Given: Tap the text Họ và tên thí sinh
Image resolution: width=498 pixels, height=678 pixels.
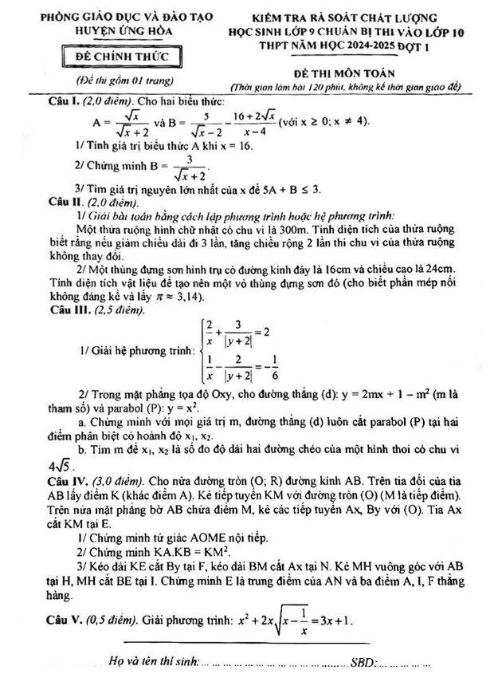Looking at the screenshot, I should point(152,661).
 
